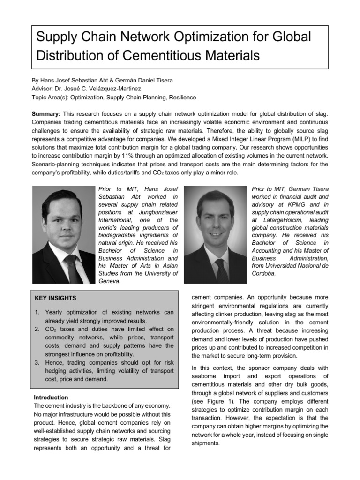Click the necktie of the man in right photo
point(221,269)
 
